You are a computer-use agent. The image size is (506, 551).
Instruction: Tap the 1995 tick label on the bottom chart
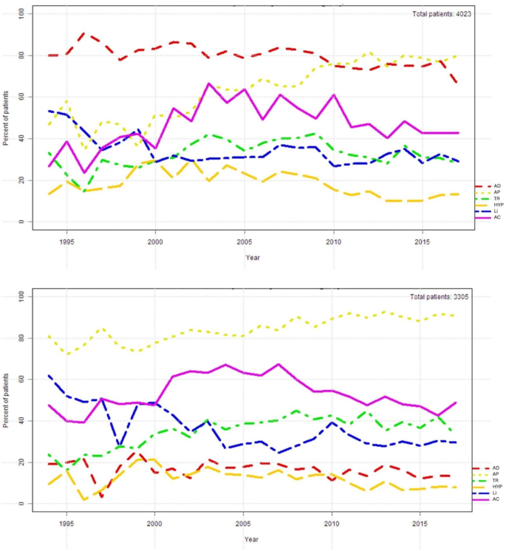(x=66, y=524)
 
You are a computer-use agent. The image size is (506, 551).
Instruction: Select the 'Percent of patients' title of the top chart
(x=7, y=117)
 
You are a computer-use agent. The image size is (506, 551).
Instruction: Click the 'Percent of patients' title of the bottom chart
(x=7, y=400)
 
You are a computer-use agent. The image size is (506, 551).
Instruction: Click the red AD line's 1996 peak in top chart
(x=83, y=33)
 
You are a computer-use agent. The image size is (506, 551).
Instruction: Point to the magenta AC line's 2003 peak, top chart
(x=209, y=83)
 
